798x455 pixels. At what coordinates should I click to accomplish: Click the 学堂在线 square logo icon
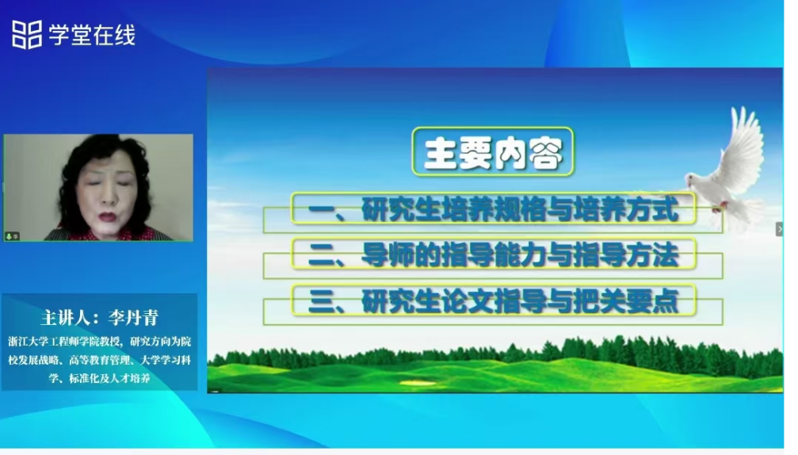(x=27, y=35)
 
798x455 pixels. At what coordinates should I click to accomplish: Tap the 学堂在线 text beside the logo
(x=92, y=35)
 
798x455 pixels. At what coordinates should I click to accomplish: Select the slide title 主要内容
(x=492, y=153)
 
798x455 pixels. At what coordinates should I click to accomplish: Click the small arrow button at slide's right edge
(x=779, y=229)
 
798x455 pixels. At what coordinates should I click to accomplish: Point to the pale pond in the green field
(x=419, y=382)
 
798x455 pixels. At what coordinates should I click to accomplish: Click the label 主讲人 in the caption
(x=67, y=318)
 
